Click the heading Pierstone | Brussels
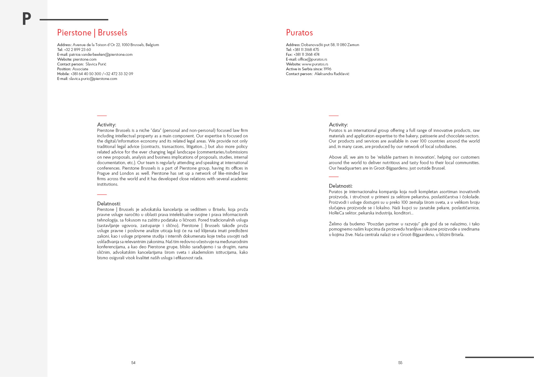pyautogui.click(x=92, y=33)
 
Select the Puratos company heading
pyautogui.click(x=299, y=33)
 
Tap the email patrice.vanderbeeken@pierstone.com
pyautogui.click(x=101, y=55)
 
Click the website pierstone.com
pyautogui.click(x=85, y=59)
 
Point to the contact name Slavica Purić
pyautogui.click(x=96, y=64)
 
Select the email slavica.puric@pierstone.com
pyautogui.click(x=93, y=79)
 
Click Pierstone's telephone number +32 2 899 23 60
pyautogui.click(x=77, y=50)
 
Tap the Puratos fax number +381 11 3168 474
pyautogui.click(x=306, y=55)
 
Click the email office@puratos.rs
pyautogui.click(x=312, y=59)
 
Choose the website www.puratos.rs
pyautogui.click(x=315, y=64)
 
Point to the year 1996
pyautogui.click(x=327, y=69)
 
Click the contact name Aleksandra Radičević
pyautogui.click(x=332, y=74)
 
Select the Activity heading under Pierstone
pyautogui.click(x=107, y=124)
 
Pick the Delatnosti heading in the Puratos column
pyautogui.click(x=341, y=186)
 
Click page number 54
pyautogui.click(x=133, y=363)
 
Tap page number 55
pyautogui.click(x=400, y=363)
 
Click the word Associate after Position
pyautogui.click(x=80, y=69)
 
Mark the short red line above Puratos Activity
pyautogui.click(x=334, y=115)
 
